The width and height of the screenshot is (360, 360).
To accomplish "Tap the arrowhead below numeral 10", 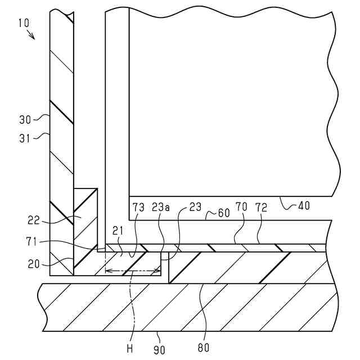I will tap(33, 37).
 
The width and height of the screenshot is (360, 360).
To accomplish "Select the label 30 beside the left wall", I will tap(24, 119).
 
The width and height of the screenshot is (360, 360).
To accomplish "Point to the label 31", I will tap(24, 135).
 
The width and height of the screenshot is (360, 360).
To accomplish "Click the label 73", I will tap(138, 208).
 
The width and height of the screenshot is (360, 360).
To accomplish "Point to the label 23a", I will tap(160, 208).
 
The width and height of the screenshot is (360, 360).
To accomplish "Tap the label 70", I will tap(241, 208).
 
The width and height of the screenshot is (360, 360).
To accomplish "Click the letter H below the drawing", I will tap(129, 348).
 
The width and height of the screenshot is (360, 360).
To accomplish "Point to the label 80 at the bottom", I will tap(203, 348).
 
